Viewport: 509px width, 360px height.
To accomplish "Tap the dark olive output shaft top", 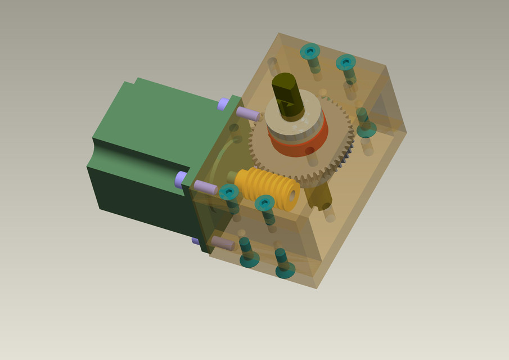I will click(x=287, y=87).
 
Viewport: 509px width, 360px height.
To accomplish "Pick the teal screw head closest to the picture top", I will click(x=309, y=52).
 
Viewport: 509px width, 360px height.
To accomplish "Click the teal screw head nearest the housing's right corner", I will click(x=366, y=130).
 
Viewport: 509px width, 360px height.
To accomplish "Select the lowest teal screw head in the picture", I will click(x=285, y=271).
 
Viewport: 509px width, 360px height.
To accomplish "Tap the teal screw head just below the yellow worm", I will click(x=264, y=202).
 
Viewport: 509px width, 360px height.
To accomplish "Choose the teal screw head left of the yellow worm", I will click(x=228, y=192).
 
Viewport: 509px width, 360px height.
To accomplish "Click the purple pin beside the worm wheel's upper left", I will click(x=247, y=114).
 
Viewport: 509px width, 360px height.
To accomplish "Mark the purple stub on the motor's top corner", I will click(x=223, y=103).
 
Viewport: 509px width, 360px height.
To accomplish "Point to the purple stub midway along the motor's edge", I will click(x=181, y=179).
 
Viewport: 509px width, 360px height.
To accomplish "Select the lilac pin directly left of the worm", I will click(x=205, y=187).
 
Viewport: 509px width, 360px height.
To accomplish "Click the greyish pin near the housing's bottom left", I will click(x=223, y=243).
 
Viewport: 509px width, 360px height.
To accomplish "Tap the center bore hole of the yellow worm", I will click(x=291, y=195).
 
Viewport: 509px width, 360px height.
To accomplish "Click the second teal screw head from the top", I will click(x=346, y=62).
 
